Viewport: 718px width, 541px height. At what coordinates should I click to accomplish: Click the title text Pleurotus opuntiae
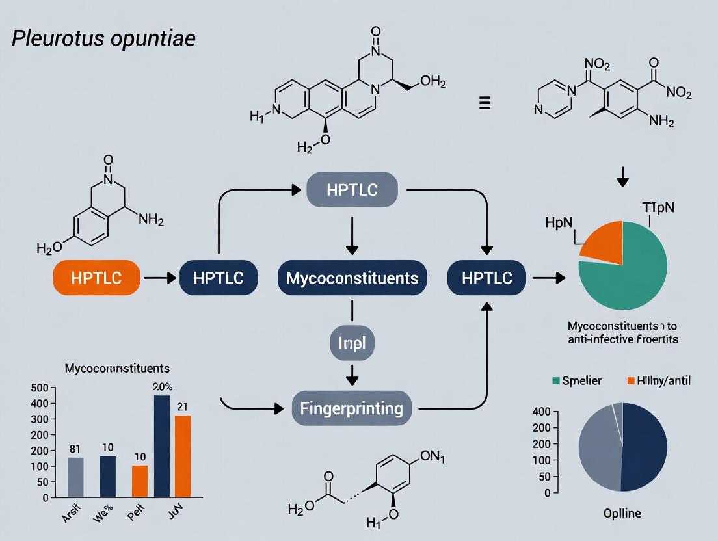click(104, 38)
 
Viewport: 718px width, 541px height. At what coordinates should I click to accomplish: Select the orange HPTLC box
click(96, 278)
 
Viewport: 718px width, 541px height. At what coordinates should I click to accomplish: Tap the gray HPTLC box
click(352, 189)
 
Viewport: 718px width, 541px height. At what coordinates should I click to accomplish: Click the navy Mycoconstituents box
click(352, 278)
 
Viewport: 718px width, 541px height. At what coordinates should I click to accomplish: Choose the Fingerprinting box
click(352, 408)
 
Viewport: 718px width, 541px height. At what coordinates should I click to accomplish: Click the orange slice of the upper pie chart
click(602, 241)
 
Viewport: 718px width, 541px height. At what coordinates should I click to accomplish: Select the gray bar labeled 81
click(75, 477)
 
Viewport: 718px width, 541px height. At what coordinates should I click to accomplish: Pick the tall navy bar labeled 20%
click(162, 446)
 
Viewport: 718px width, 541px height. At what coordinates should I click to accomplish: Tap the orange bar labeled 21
click(183, 456)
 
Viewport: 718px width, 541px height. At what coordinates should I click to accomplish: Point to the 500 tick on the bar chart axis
click(40, 388)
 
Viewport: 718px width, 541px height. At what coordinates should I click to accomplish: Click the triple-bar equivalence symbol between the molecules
click(485, 103)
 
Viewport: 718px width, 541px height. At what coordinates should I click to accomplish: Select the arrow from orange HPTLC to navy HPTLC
click(159, 278)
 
